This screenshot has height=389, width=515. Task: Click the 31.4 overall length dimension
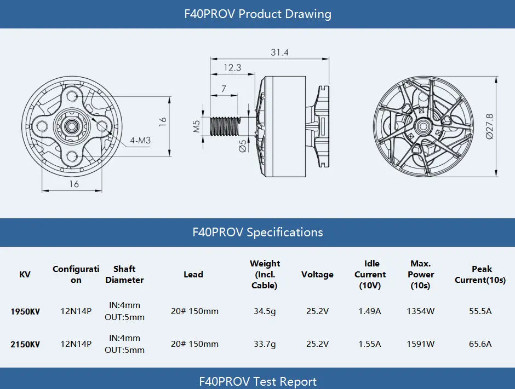click(x=279, y=53)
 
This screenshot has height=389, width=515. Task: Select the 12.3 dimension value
click(x=232, y=67)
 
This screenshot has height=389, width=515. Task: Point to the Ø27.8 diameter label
click(x=489, y=126)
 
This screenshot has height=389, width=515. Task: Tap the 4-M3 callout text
click(x=140, y=141)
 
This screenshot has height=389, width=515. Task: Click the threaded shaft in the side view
click(x=225, y=126)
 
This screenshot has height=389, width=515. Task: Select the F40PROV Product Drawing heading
click(x=257, y=14)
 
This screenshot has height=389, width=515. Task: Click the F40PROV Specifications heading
click(x=257, y=232)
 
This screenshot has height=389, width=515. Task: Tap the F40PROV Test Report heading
click(x=257, y=381)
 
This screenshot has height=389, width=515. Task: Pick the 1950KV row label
click(x=25, y=311)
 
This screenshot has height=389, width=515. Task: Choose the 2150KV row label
click(x=25, y=344)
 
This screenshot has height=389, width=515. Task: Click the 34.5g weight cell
click(x=265, y=311)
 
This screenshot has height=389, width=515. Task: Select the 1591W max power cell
click(x=420, y=344)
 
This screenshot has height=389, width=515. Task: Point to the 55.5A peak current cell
click(x=480, y=311)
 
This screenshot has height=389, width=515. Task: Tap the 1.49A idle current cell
click(x=370, y=311)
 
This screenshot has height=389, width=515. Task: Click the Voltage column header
click(x=317, y=275)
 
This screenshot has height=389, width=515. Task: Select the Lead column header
click(x=193, y=275)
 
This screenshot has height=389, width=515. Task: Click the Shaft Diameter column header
click(x=124, y=275)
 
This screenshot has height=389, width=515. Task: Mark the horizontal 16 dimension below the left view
click(x=74, y=184)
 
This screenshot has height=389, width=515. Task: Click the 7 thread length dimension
click(x=224, y=89)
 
